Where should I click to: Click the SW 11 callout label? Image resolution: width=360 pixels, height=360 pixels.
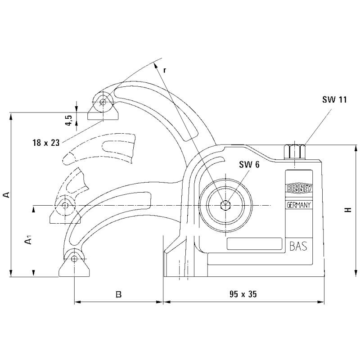[334, 100]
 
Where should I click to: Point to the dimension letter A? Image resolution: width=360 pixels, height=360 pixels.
[6, 194]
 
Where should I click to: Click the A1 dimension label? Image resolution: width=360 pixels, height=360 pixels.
[28, 242]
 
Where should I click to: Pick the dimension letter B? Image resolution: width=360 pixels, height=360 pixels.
[118, 295]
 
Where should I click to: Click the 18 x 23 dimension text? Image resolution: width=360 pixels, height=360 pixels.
[46, 143]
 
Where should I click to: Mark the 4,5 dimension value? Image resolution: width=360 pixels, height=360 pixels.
[68, 120]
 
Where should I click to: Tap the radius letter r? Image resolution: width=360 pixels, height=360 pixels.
[165, 70]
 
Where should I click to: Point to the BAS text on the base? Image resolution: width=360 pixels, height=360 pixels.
[298, 246]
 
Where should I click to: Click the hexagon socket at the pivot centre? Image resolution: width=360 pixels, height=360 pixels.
[224, 206]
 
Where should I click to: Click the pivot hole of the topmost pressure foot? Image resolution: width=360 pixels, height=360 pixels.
[103, 102]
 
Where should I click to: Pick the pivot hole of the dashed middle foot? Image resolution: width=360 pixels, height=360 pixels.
[66, 205]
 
